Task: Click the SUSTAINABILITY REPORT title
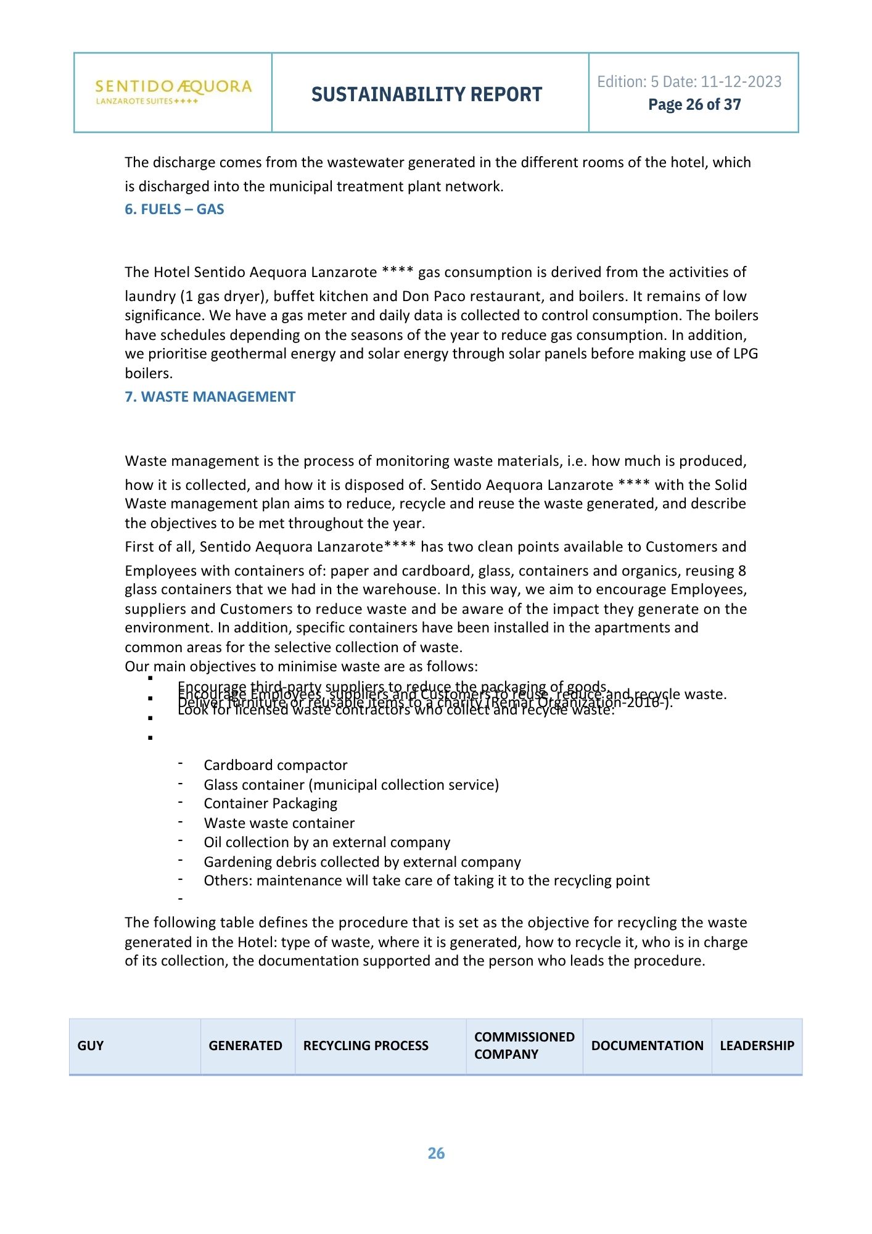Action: tap(427, 94)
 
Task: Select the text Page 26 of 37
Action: tap(694, 105)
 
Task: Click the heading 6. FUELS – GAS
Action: tap(174, 209)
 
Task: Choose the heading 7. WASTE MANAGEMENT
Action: tap(210, 397)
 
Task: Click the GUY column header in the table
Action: tap(91, 1046)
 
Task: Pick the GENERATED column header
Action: tap(245, 1046)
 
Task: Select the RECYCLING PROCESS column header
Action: tap(366, 1046)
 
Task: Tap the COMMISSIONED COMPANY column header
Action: tap(524, 1046)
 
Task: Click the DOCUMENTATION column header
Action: tap(647, 1046)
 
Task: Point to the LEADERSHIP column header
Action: tap(757, 1046)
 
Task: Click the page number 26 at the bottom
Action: tap(436, 1153)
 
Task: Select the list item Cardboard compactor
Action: tap(276, 765)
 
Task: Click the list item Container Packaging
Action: tap(271, 803)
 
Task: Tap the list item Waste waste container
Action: tap(279, 823)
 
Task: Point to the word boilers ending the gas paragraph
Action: tap(148, 373)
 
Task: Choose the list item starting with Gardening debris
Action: tap(362, 862)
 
